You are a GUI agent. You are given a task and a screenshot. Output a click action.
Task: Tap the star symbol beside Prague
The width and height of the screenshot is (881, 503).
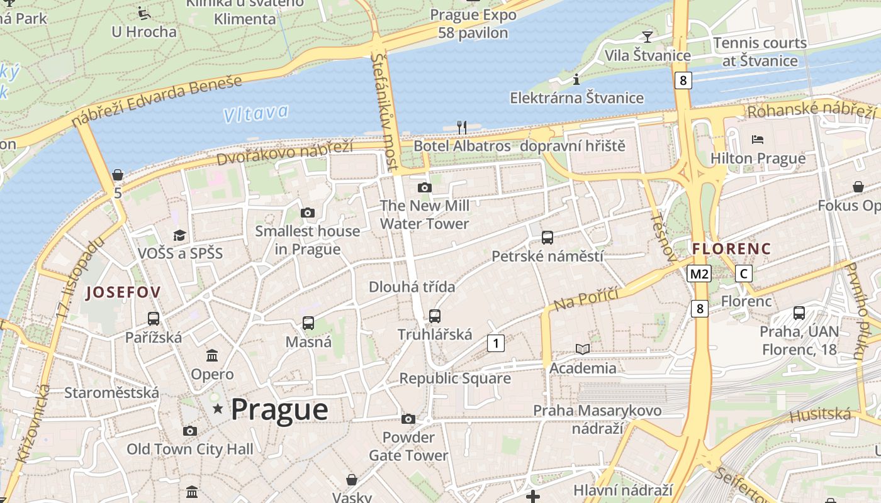[x=218, y=409]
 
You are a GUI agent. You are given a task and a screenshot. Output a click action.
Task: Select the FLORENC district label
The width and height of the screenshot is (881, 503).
[x=731, y=249]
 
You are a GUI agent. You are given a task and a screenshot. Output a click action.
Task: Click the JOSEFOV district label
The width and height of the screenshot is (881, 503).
[x=123, y=292]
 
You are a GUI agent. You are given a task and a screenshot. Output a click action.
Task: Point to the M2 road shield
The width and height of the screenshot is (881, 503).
[x=699, y=274]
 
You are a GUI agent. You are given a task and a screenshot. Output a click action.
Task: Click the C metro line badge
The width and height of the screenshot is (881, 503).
[x=744, y=274]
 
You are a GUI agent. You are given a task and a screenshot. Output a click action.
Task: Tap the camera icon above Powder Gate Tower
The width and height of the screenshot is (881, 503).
[x=408, y=419]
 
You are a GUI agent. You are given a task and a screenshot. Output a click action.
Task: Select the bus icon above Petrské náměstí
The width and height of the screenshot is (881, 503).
[x=547, y=238]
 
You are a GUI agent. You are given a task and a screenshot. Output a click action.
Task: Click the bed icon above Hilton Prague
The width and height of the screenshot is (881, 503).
[x=758, y=140]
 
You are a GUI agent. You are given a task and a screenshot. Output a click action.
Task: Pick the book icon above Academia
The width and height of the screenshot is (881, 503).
[x=583, y=349]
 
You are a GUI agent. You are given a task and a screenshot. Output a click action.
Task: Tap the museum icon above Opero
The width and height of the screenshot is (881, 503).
[x=212, y=356]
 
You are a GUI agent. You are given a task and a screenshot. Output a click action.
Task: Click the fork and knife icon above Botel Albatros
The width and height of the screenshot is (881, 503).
[x=462, y=128]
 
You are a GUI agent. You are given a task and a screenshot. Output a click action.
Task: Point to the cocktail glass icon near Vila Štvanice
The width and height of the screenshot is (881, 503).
[x=647, y=36]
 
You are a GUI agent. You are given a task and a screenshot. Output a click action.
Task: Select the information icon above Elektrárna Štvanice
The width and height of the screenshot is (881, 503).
[x=576, y=79]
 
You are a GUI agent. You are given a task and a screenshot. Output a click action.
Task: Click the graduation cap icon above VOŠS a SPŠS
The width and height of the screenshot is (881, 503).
[x=180, y=235]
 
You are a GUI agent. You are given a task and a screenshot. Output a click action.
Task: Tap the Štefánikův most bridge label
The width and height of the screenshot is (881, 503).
[x=385, y=112]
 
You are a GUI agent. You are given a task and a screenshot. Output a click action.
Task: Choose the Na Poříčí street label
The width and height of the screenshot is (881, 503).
[x=586, y=299]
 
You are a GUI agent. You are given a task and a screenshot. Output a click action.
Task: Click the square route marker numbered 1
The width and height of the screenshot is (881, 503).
[x=496, y=343]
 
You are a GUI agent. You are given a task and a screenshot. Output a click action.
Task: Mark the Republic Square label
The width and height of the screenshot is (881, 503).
[x=455, y=379]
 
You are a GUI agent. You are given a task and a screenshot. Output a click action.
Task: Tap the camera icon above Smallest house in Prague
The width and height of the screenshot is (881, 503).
[x=308, y=213]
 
